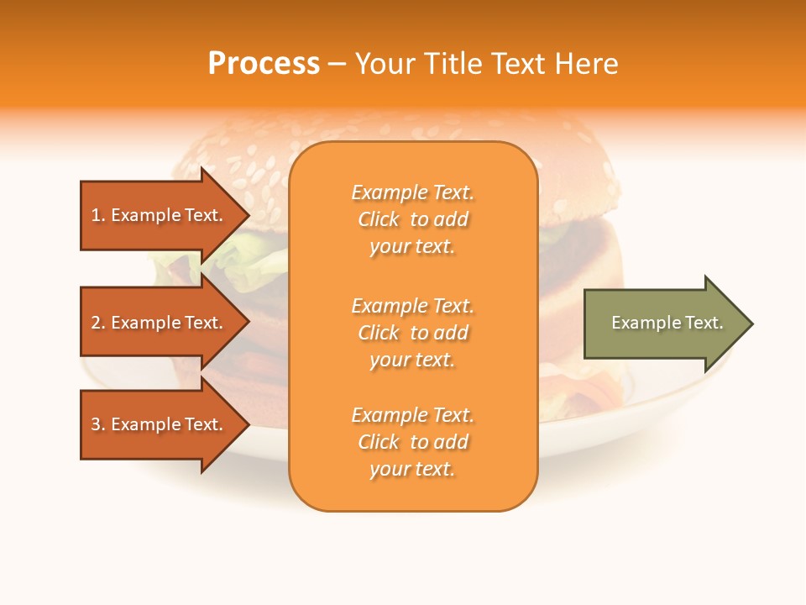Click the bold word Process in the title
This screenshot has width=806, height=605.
click(x=264, y=64)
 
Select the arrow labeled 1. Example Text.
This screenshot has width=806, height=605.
click(x=160, y=215)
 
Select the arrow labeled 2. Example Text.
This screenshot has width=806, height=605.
click(x=160, y=323)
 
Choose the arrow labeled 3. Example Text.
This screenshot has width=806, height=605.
click(x=160, y=424)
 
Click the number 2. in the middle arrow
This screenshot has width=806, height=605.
click(x=98, y=323)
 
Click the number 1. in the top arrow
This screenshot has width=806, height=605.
click(x=98, y=215)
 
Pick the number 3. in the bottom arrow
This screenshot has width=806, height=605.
click(x=98, y=424)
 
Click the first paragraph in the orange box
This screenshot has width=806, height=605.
click(x=412, y=219)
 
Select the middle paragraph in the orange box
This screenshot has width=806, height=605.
click(x=412, y=333)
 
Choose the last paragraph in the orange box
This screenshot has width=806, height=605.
click(x=412, y=442)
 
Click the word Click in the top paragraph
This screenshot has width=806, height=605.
click(x=379, y=219)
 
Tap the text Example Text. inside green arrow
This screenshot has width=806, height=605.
click(x=667, y=323)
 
